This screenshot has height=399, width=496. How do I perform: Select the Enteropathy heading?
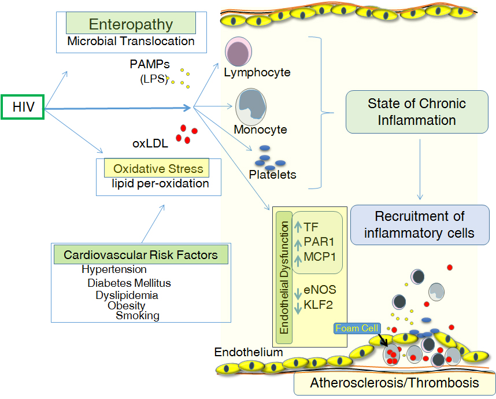click(131, 24)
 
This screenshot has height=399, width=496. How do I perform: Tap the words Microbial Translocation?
click(131, 41)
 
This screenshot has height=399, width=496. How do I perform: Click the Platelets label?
click(272, 173)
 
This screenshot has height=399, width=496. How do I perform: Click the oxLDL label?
click(150, 144)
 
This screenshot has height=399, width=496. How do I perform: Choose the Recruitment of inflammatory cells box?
click(420, 224)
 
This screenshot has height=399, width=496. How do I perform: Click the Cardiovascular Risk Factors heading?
click(140, 254)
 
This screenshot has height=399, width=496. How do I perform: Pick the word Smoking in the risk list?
click(138, 315)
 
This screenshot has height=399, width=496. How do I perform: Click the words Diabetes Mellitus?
click(129, 283)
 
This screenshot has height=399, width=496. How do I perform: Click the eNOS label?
click(320, 289)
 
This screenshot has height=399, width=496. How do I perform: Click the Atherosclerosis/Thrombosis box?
click(394, 382)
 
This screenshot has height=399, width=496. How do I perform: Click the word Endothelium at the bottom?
click(240, 352)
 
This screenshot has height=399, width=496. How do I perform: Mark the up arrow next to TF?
click(298, 227)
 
